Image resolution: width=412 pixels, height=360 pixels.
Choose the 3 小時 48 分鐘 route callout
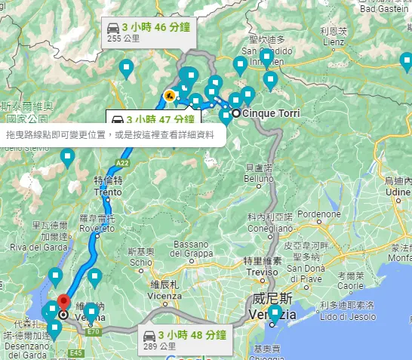pos(192,334)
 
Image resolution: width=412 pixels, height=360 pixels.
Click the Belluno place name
pos(257,178)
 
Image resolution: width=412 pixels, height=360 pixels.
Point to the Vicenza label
pos(164,295)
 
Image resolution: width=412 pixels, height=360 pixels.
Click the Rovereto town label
pos(94,227)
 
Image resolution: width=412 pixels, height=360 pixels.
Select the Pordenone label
pos(319,214)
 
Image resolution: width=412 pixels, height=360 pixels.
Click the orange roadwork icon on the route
pos(170,96)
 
